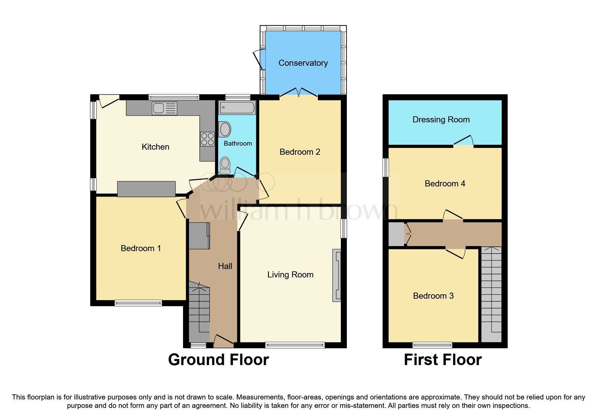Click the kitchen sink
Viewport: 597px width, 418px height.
point(164,108)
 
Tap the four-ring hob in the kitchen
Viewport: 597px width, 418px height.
point(207,139)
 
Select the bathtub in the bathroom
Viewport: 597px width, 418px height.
point(237,108)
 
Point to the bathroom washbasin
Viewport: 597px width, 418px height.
point(225,129)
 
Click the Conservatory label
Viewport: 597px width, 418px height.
point(303,63)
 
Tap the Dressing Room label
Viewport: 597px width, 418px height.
point(441,120)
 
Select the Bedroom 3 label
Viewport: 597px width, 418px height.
point(433,296)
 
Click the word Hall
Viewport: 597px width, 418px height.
point(225,266)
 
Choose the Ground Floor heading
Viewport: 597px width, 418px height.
point(218,360)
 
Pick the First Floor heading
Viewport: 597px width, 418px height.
point(442,360)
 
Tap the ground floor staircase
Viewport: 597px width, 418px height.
point(199,312)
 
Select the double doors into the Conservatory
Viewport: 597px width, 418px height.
point(299,93)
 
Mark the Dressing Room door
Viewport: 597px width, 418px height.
point(464,142)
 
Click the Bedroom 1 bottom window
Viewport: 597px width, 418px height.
point(138,303)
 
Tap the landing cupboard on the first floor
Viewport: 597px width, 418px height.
point(396,234)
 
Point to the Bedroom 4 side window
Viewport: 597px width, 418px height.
point(386,168)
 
